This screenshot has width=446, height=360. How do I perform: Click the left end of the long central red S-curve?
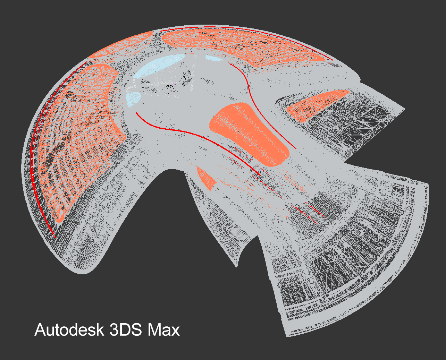click(136, 112)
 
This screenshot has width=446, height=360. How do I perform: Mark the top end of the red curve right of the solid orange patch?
click(230, 64)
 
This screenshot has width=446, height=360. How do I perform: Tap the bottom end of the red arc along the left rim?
click(55, 238)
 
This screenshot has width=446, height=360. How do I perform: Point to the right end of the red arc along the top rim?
click(333, 60)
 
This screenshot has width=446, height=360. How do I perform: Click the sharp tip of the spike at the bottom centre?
click(237, 267)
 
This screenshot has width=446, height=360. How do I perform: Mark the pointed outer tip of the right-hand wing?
click(405, 109)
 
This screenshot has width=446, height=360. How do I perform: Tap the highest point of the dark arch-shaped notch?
click(172, 169)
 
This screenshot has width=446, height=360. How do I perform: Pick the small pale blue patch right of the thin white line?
click(213, 58)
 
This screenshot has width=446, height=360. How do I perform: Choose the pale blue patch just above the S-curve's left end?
click(133, 99)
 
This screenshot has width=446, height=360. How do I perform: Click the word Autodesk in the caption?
click(69, 330)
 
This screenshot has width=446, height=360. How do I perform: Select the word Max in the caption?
click(164, 330)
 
